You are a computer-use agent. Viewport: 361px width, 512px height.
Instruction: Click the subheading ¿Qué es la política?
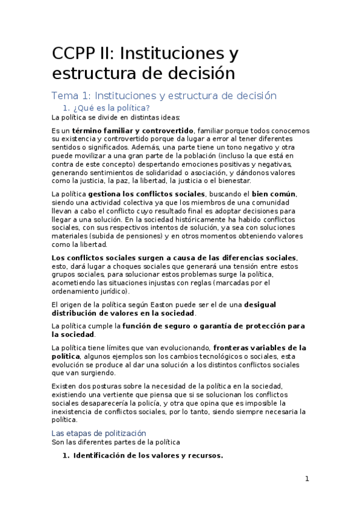[107, 107]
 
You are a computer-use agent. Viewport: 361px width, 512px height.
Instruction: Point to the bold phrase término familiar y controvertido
[133, 130]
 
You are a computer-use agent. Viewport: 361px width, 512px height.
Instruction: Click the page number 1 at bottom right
[307, 479]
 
